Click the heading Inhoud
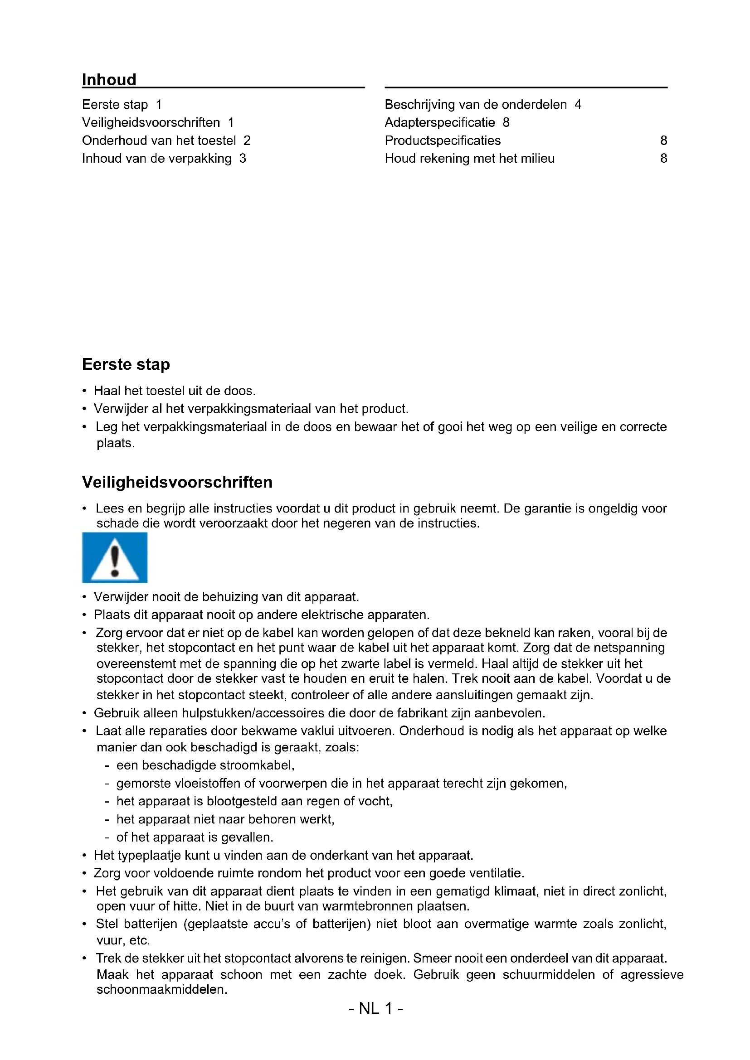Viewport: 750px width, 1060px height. click(x=109, y=80)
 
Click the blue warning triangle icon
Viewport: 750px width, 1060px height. click(x=115, y=557)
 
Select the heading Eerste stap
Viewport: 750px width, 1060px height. click(x=126, y=364)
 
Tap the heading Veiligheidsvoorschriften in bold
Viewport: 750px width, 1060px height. click(x=177, y=482)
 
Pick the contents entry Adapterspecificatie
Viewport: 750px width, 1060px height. click(x=440, y=122)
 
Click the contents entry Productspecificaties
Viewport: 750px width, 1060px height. click(x=443, y=140)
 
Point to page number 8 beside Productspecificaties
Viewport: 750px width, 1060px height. click(x=663, y=140)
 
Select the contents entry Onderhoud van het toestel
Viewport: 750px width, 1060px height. click(x=159, y=140)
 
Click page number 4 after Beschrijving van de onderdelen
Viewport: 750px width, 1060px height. click(x=578, y=105)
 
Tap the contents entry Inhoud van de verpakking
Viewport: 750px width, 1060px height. click(x=156, y=158)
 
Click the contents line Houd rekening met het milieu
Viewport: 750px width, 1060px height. click(x=469, y=158)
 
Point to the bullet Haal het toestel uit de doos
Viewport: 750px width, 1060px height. click(x=174, y=391)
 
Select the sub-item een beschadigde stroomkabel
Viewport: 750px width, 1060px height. click(x=205, y=765)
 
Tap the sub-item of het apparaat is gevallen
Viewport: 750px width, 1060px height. click(x=195, y=837)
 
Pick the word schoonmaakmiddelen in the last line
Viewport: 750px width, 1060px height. click(x=161, y=989)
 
